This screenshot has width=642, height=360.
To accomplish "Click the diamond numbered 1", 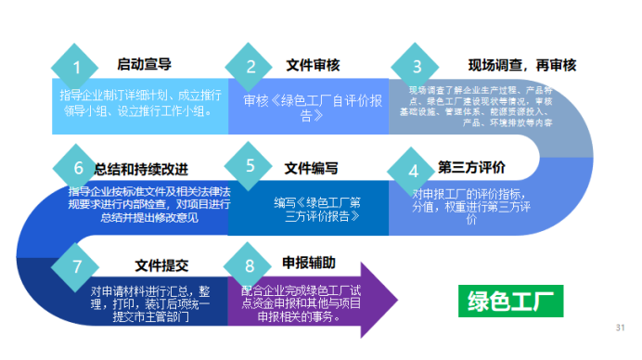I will (77, 67).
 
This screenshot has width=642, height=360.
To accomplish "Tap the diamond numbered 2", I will (250, 67).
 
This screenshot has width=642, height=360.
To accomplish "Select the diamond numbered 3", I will (417, 67).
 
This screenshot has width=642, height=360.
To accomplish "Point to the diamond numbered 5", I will (250, 167).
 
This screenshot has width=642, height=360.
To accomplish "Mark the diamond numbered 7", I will (77, 265).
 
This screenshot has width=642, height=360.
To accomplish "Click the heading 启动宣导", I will (144, 65).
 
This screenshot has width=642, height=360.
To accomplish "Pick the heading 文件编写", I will (311, 168).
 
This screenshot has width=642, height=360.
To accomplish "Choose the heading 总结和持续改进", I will (141, 169).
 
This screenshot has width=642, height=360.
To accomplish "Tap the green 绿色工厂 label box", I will (510, 301).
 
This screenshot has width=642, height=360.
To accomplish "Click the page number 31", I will (620, 328).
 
